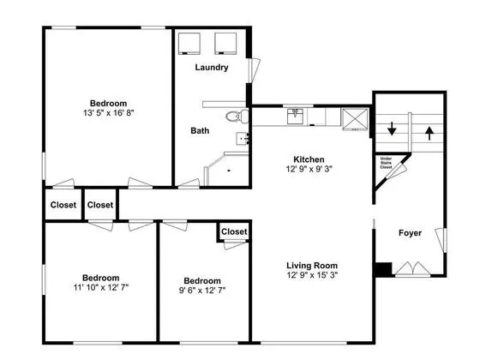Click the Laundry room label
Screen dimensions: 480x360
tap(212, 68)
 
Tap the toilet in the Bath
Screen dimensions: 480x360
tap(237, 116)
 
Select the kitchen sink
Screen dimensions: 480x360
tap(295, 117)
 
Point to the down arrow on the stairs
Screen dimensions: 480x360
tap(392, 129)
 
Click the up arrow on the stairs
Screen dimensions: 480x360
tap(429, 133)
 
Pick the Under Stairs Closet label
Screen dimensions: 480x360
tap(386, 163)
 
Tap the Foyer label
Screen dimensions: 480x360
tap(410, 233)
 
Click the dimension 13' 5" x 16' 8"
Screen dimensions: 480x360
tap(109, 113)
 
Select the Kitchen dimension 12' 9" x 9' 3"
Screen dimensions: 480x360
tap(309, 169)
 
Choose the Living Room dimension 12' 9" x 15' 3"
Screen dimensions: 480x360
tap(312, 275)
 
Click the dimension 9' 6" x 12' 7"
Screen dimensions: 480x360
tap(202, 290)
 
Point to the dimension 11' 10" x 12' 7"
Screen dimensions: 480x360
tap(101, 287)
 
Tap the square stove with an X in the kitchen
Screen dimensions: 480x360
tap(355, 119)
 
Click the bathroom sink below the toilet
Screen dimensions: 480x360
tap(243, 139)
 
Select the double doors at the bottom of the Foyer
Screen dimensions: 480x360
tap(412, 268)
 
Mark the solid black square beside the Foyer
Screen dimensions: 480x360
tap(384, 269)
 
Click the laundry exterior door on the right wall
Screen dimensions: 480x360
tap(254, 70)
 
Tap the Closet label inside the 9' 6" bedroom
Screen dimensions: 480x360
tap(234, 231)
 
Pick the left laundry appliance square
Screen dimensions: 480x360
tap(189, 44)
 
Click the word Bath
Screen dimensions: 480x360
tap(200, 130)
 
